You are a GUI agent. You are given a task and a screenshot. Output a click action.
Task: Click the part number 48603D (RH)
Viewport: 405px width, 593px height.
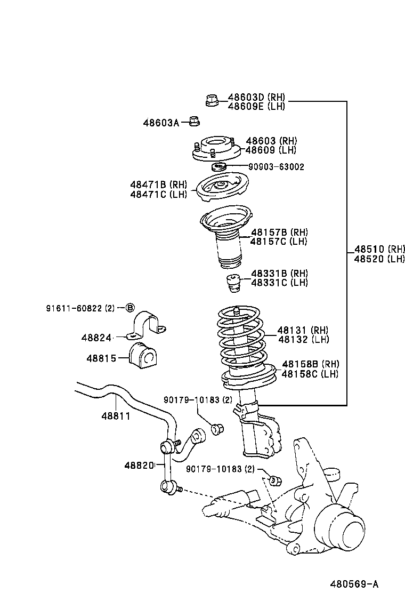[x=256, y=98]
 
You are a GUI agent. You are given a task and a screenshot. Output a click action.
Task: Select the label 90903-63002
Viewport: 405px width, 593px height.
[x=276, y=167]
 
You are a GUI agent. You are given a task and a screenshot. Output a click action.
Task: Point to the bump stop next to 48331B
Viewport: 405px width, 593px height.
[x=232, y=283]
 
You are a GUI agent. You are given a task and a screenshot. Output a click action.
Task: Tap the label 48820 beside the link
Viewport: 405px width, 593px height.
[x=139, y=466]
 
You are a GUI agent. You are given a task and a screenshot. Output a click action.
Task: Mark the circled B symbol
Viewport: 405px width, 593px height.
[x=130, y=308]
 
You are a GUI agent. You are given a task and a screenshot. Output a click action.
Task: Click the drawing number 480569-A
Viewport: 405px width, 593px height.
[x=354, y=584]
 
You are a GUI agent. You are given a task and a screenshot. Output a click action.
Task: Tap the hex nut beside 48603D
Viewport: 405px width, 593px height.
[x=212, y=100]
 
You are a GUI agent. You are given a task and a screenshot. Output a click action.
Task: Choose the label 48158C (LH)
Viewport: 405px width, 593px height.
[x=310, y=374]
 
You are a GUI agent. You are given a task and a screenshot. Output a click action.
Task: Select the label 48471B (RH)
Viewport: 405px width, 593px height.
[x=158, y=185]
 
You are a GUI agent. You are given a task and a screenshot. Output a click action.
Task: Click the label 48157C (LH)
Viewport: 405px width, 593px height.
[x=279, y=242]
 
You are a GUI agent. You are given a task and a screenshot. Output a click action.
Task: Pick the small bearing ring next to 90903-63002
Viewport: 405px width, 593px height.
[x=220, y=167]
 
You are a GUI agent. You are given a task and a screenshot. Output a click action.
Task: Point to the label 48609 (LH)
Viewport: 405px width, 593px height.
[x=271, y=150]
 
